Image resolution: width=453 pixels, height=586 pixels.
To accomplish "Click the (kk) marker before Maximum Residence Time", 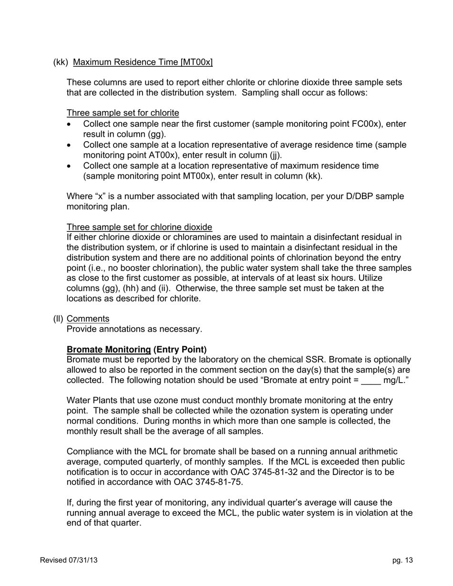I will click(x=61, y=62).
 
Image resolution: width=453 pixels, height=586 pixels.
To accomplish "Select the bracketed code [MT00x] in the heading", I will click(x=196, y=62).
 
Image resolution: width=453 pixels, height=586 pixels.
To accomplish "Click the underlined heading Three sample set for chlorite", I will click(x=123, y=113).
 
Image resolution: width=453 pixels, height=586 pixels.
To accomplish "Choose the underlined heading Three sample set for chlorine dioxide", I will click(x=139, y=227).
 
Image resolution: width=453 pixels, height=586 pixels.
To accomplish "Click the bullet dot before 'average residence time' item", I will click(x=70, y=145).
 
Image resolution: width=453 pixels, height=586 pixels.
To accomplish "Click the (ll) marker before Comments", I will click(x=58, y=319).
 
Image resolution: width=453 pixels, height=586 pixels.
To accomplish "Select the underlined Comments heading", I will click(x=88, y=319).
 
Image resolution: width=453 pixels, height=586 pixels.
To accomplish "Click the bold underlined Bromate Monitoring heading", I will click(x=109, y=349).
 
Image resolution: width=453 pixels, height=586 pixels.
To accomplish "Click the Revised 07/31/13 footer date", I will click(x=69, y=560).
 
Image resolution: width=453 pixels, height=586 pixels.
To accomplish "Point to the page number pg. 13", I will click(x=402, y=560).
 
